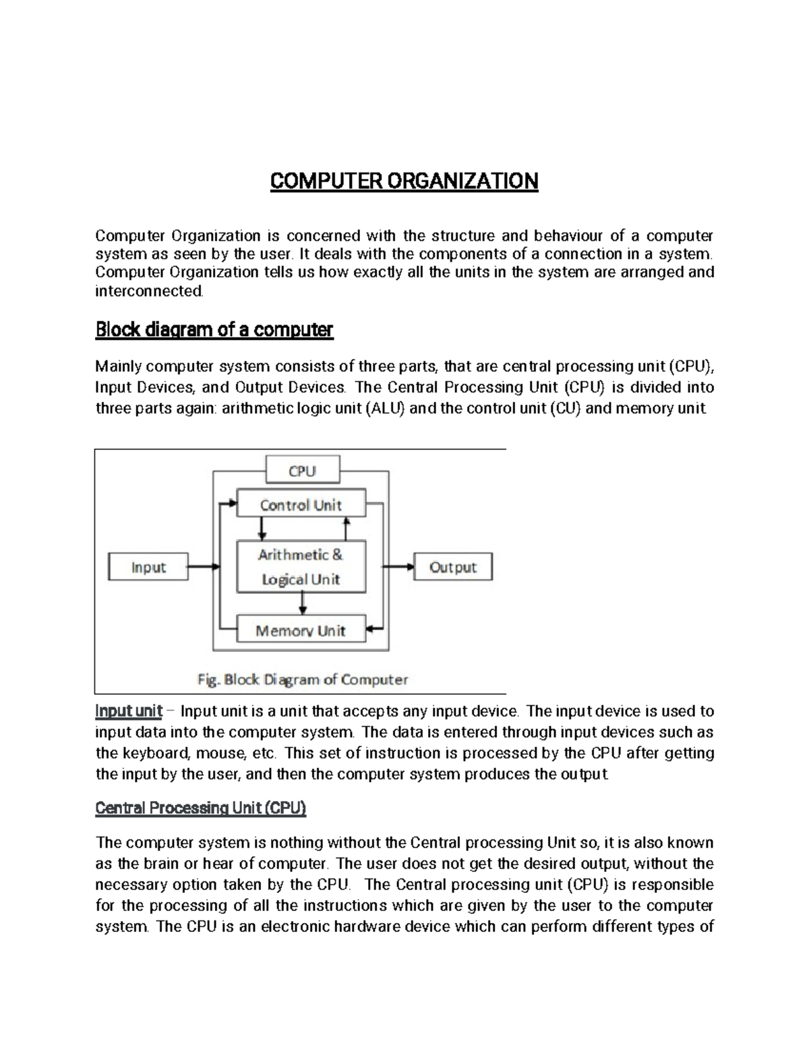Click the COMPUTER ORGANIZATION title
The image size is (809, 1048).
tap(404, 181)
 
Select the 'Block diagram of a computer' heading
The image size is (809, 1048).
tap(214, 330)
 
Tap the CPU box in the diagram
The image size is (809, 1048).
tap(302, 470)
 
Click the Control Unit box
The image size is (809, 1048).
tap(301, 505)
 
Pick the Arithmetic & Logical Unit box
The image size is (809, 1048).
tap(301, 567)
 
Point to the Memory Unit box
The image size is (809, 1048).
tap(301, 631)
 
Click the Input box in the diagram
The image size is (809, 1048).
tap(148, 567)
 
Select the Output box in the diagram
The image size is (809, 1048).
tap(452, 567)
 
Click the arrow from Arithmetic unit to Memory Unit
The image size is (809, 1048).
tap(301, 603)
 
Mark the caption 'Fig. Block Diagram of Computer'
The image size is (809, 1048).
tap(302, 679)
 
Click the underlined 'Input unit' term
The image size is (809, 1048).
tap(129, 711)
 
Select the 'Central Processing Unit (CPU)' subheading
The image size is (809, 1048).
tap(201, 808)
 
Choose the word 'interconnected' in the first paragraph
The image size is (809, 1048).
tap(148, 291)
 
